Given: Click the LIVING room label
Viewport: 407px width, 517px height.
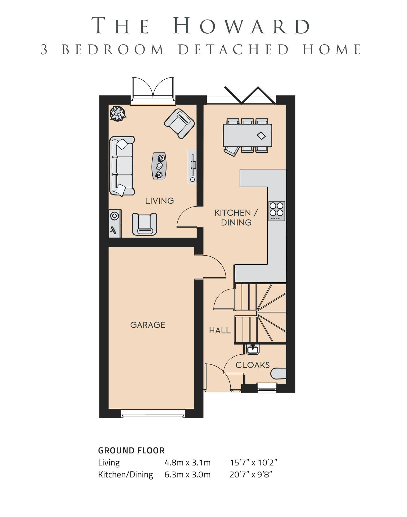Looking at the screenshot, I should (x=159, y=201).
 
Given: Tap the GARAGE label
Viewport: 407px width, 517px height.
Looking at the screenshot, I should (x=147, y=325).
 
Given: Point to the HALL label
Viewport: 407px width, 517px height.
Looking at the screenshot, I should (x=220, y=331).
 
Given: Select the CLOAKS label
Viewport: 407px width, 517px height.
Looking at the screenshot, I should (x=253, y=365).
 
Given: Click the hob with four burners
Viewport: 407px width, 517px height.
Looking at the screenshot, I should (x=276, y=211).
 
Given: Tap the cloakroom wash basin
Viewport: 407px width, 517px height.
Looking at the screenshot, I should (x=253, y=349).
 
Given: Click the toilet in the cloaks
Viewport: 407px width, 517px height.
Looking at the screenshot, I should (x=279, y=374).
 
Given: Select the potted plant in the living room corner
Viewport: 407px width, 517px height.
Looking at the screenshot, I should (x=118, y=113).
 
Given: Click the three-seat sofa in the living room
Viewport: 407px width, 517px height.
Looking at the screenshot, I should (x=122, y=166).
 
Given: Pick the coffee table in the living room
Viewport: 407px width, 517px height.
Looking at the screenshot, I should (x=159, y=166).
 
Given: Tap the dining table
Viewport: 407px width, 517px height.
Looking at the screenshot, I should (x=247, y=135).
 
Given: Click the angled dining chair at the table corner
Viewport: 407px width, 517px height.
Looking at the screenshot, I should (x=231, y=150).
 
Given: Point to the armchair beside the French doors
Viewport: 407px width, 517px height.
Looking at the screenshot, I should (x=179, y=123).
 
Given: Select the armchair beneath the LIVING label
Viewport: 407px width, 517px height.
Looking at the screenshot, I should (x=144, y=224).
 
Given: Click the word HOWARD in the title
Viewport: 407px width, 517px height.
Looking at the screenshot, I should (x=242, y=26).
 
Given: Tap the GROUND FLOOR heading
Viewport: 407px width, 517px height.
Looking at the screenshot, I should (x=131, y=451).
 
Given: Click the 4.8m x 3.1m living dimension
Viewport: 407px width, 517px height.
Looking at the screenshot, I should (x=187, y=462).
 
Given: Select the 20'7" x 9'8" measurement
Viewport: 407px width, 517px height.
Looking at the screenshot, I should (x=251, y=475).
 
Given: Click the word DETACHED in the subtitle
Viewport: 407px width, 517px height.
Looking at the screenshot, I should (x=233, y=50).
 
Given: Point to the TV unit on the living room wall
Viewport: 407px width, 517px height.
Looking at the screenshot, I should (x=192, y=167).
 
